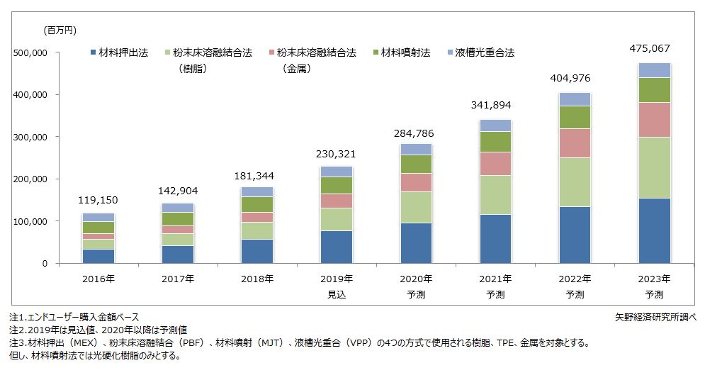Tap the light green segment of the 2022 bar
point(574,182)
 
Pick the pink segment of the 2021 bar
point(495,164)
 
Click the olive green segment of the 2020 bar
point(416,164)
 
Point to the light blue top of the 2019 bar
point(337,172)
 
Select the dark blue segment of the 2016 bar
point(98,256)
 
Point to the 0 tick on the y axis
point(44,264)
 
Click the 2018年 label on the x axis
point(257,279)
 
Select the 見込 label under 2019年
point(337,294)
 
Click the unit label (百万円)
point(60,30)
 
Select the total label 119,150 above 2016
point(98,201)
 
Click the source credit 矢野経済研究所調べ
point(656,317)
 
